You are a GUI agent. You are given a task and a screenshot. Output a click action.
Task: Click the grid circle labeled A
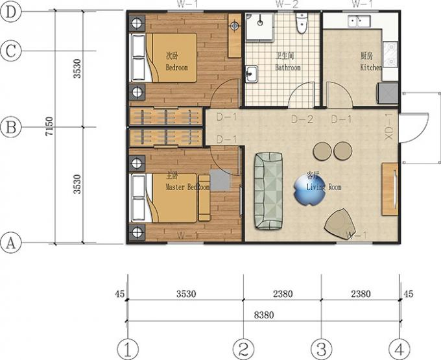click(9, 244)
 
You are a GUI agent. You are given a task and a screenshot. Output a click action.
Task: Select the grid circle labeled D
click(9, 11)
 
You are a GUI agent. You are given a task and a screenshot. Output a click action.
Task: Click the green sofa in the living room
click(268, 191)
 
